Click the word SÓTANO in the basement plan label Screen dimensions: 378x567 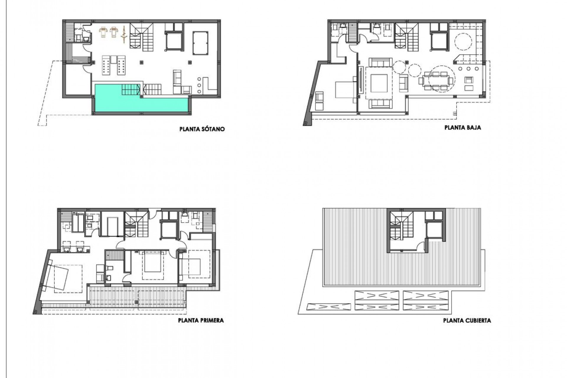tap(212, 129)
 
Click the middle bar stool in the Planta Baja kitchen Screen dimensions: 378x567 tap(468, 69)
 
